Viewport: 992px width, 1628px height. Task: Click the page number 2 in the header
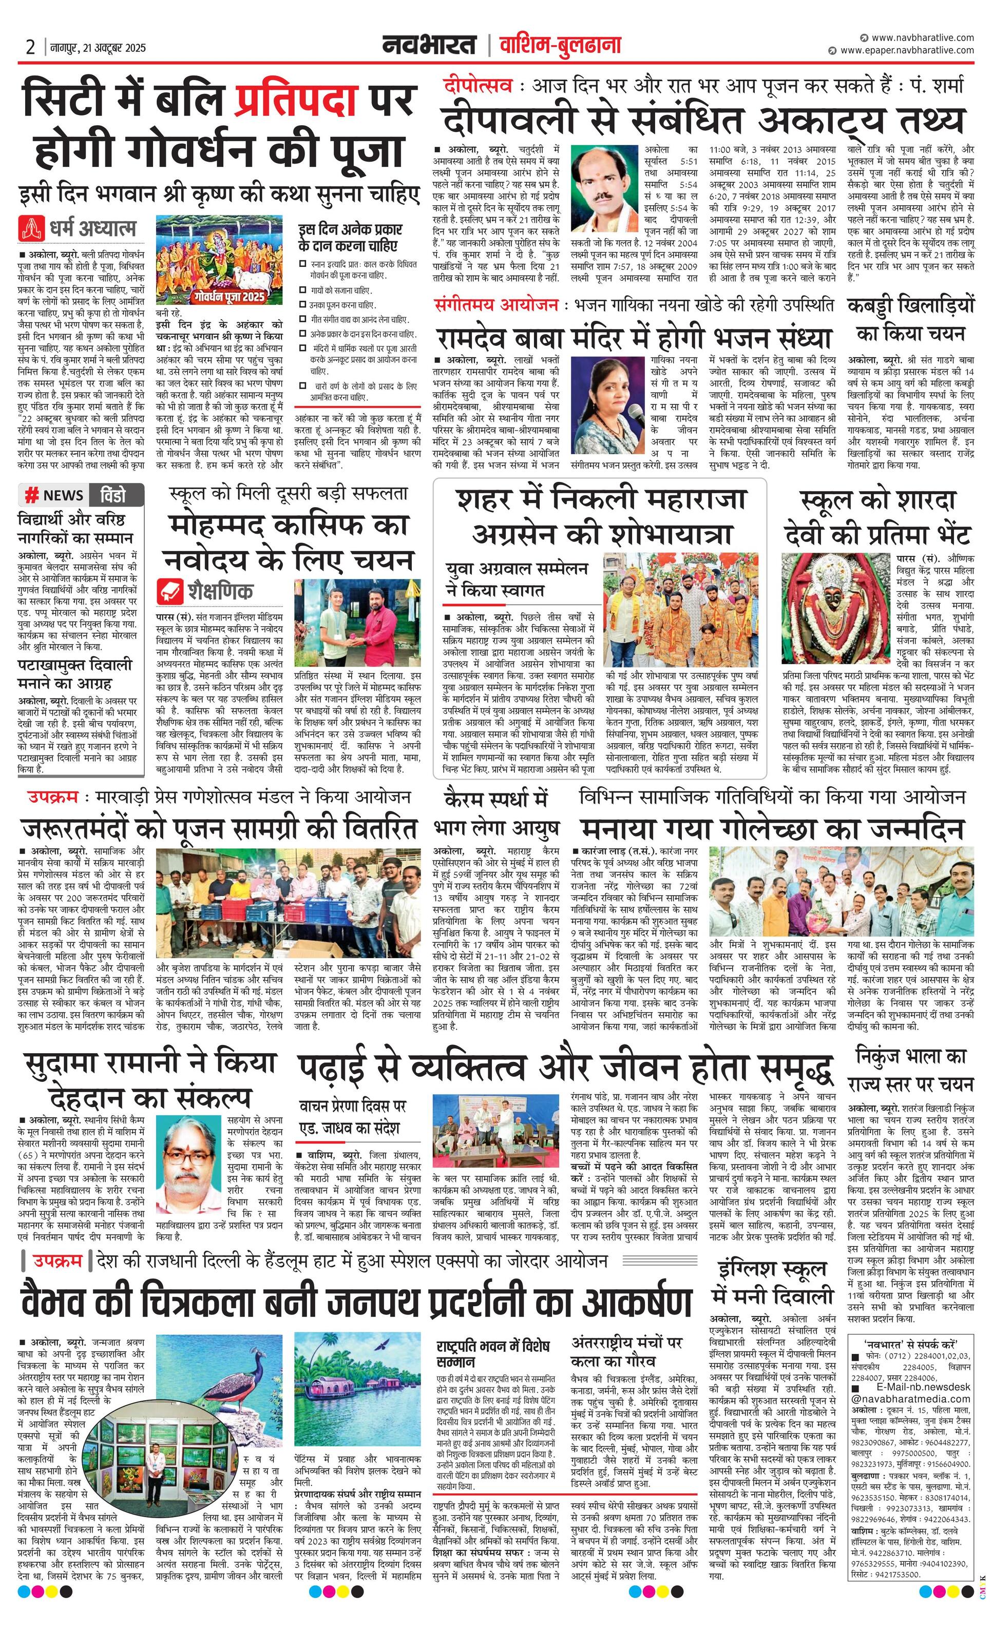tap(30, 47)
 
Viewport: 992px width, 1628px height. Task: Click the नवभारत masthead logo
tap(429, 45)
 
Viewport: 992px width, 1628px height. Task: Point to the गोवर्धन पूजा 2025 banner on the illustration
tap(226, 297)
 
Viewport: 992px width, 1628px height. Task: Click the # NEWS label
tap(54, 495)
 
